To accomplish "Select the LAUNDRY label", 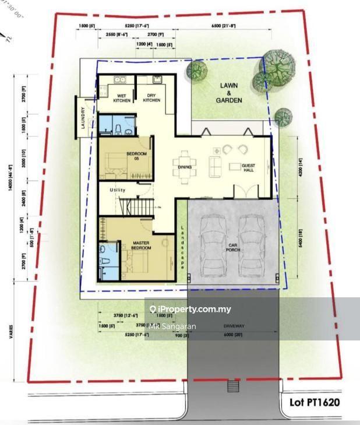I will point(84,118).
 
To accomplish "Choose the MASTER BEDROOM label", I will point(142,245).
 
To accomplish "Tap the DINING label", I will point(185,167).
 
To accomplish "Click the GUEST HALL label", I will point(249,166).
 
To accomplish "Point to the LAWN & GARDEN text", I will point(229,93).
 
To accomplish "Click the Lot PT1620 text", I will point(314,402).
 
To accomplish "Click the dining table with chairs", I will point(185,158).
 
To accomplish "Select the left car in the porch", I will point(210,244).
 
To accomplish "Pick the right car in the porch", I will point(250,244).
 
